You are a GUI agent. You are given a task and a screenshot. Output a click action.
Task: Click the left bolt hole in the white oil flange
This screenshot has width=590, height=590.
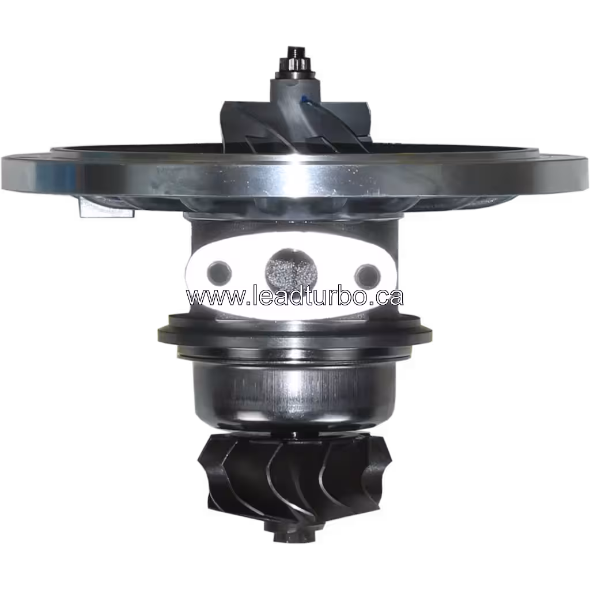[x=219, y=270]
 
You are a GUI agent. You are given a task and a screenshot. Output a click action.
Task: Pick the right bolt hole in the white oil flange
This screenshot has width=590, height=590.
[x=366, y=272]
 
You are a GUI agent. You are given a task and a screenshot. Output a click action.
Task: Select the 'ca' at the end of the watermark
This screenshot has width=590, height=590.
[x=389, y=297]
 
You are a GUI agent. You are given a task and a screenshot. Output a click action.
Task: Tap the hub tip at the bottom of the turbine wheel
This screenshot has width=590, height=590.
[x=281, y=536]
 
